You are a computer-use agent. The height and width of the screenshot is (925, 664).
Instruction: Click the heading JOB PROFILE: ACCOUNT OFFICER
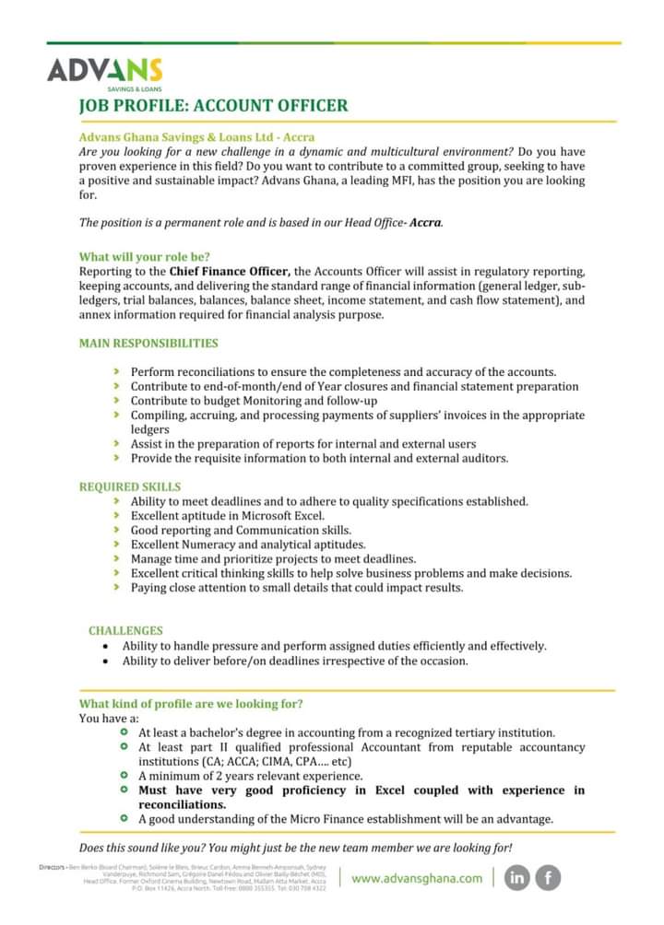click(x=214, y=105)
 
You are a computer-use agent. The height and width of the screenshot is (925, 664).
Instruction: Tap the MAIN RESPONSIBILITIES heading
click(x=148, y=343)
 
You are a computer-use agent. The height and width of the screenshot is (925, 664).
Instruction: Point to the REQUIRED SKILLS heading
click(x=130, y=486)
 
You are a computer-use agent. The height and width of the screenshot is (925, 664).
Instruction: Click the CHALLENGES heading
click(x=125, y=630)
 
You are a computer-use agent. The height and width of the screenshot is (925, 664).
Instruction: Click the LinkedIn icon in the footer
click(x=517, y=878)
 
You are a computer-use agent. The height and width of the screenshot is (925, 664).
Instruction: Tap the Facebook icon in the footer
click(x=549, y=878)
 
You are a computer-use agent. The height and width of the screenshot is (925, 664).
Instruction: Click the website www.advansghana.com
click(x=417, y=878)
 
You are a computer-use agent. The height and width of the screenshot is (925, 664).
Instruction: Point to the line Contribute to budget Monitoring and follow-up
click(x=254, y=401)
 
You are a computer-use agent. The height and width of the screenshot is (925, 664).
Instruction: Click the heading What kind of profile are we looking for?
click(x=191, y=704)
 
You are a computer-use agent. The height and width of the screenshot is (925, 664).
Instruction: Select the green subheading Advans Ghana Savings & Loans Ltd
click(x=196, y=136)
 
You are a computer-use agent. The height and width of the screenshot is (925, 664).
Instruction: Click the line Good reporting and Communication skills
click(x=241, y=531)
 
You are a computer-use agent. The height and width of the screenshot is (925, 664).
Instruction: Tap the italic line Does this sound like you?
click(x=295, y=847)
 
